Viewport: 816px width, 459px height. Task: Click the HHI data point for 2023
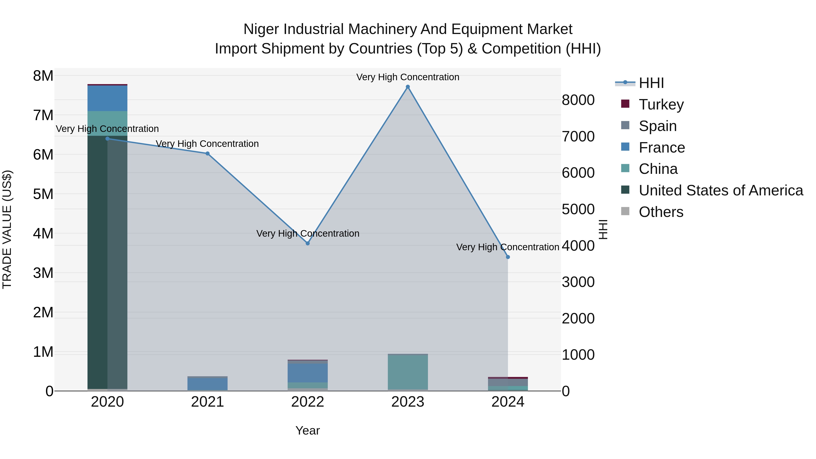(x=408, y=87)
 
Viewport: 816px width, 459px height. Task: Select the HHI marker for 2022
(x=308, y=243)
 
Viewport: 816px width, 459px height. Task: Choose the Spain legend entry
(x=657, y=126)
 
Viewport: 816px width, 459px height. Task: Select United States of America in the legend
(x=721, y=190)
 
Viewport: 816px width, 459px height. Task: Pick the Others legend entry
(x=661, y=212)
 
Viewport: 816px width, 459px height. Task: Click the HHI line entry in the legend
(x=651, y=83)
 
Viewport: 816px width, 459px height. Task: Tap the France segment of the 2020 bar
(x=107, y=98)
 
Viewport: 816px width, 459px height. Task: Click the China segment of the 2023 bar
(x=408, y=372)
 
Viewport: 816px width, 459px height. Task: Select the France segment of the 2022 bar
(x=308, y=373)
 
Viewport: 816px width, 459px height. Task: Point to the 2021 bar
(x=207, y=384)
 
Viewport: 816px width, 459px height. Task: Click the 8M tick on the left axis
(x=43, y=76)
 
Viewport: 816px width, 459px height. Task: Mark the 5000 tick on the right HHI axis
(x=578, y=209)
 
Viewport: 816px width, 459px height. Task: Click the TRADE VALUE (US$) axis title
(x=7, y=229)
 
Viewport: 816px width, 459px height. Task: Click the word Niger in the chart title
(x=261, y=29)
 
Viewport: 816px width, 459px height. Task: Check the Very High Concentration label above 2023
(x=408, y=77)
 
